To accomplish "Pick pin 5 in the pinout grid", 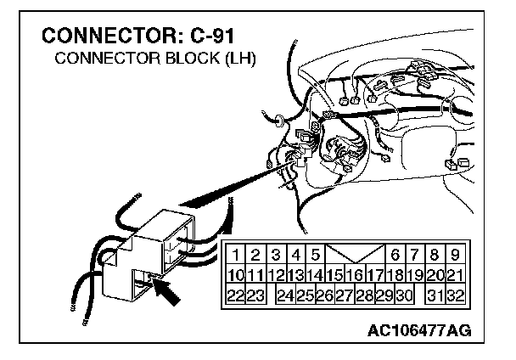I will tap(315, 254).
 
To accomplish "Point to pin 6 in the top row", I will tap(395, 254).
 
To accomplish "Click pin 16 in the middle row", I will tap(356, 274).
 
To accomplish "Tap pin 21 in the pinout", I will tap(455, 274).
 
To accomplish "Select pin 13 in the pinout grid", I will tap(296, 274).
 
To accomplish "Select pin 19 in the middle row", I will tap(415, 274).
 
